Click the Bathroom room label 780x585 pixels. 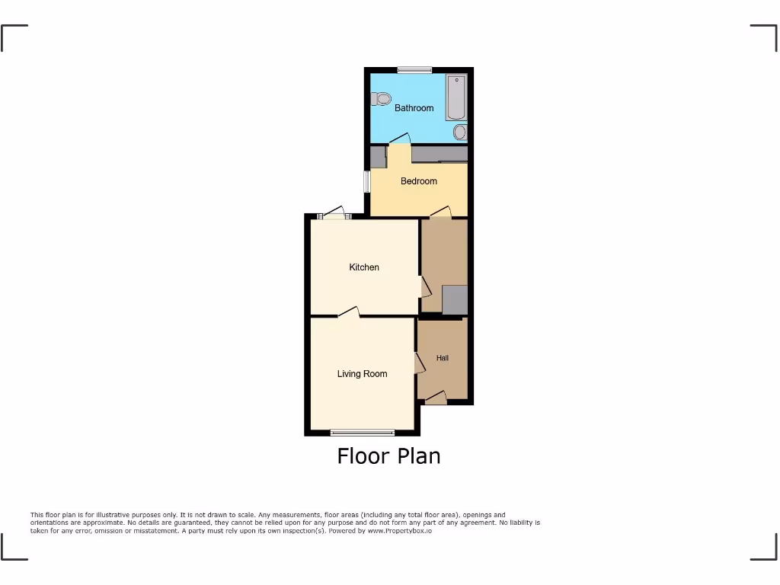click(414, 108)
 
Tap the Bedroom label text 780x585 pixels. click(419, 181)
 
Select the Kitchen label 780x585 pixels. click(364, 267)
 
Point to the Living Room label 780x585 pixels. click(362, 374)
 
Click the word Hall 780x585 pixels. click(443, 358)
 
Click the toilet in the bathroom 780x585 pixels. click(382, 98)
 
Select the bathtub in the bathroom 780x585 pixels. click(456, 97)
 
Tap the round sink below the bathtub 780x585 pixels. click(460, 133)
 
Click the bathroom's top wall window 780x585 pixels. click(414, 70)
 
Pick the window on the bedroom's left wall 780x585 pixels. click(366, 182)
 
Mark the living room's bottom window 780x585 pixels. click(363, 433)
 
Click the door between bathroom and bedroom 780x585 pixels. click(399, 139)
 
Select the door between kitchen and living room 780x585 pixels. click(349, 312)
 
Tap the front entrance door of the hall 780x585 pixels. click(436, 397)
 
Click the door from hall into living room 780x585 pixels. click(419, 363)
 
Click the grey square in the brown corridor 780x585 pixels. click(455, 300)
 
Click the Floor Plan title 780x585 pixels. click(388, 456)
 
